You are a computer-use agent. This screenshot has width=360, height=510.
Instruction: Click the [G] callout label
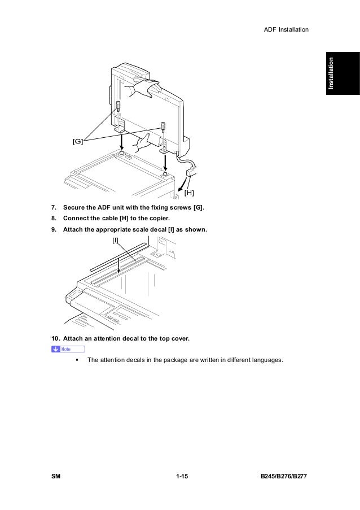tap(77, 141)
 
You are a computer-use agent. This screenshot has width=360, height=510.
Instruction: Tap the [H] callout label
tap(190, 193)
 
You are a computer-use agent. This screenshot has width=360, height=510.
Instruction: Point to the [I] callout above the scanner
tap(116, 241)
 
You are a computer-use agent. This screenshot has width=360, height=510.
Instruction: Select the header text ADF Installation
tap(286, 29)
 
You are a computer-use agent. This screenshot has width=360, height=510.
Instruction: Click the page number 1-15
tap(181, 478)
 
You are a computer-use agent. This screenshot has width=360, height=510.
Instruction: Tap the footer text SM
tap(56, 478)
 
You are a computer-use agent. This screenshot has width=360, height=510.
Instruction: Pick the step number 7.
tap(54, 207)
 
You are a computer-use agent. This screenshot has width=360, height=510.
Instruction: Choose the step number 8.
tap(54, 218)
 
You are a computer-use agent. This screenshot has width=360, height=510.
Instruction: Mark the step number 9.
tap(54, 229)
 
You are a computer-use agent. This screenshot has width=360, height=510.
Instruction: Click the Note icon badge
tap(67, 349)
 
